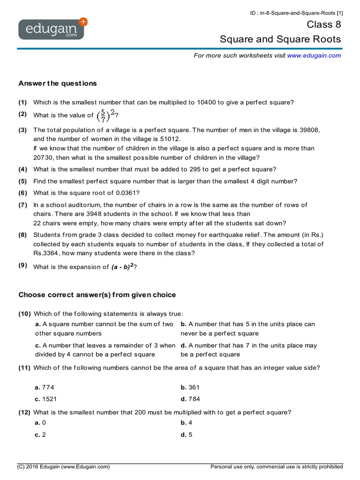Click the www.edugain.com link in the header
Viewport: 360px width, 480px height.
click(x=314, y=55)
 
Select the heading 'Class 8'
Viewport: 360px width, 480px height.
click(x=324, y=24)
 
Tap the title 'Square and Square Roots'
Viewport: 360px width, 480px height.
click(x=280, y=39)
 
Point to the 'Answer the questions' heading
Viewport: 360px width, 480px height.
click(x=57, y=83)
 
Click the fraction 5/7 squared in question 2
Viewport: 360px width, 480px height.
click(x=106, y=115)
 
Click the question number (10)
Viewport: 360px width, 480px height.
click(x=24, y=314)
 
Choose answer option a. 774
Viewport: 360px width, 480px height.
click(x=45, y=387)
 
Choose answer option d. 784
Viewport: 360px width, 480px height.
click(x=190, y=399)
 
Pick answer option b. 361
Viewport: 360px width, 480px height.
click(x=190, y=387)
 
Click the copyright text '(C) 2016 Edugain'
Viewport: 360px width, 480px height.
click(x=64, y=467)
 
